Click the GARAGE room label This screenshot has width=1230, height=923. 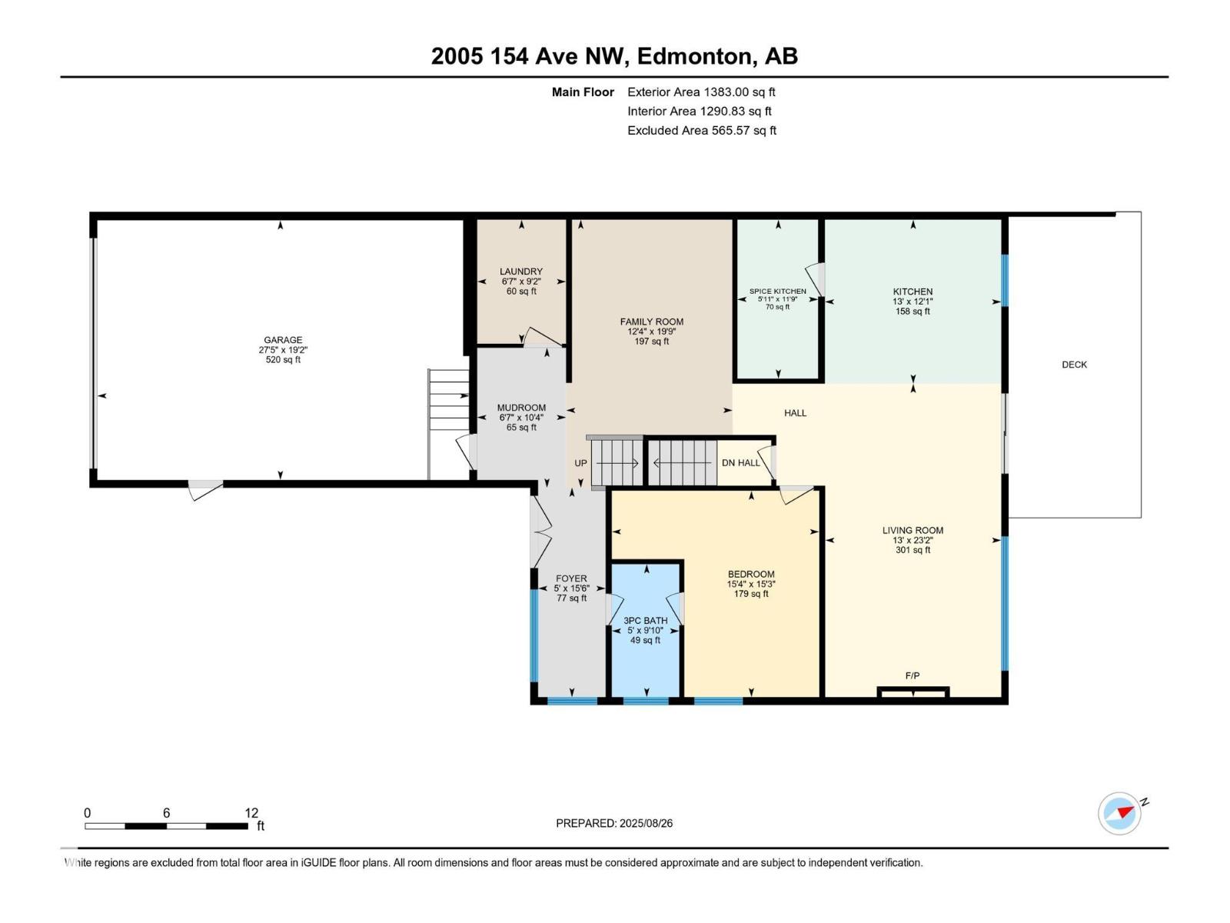[x=283, y=340]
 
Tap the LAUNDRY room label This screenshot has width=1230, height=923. [x=521, y=272]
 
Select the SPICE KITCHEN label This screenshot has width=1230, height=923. [x=778, y=292]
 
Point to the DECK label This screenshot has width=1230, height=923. [x=1074, y=365]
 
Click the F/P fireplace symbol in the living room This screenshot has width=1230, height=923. [x=913, y=692]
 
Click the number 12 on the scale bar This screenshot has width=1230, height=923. [x=251, y=813]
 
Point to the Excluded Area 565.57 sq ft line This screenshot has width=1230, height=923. [x=701, y=131]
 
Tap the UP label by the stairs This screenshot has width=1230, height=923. [x=580, y=463]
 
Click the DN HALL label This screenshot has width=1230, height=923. [x=740, y=463]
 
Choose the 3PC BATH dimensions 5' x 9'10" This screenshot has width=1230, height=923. [x=645, y=631]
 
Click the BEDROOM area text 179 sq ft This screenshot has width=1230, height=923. [x=751, y=594]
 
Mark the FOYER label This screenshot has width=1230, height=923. [x=571, y=578]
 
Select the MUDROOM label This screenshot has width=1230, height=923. [x=521, y=408]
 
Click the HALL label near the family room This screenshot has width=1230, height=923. [x=795, y=413]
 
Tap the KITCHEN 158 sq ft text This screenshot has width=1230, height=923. [x=913, y=312]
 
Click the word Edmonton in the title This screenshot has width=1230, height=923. [x=694, y=56]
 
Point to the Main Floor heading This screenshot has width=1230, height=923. [x=583, y=92]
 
